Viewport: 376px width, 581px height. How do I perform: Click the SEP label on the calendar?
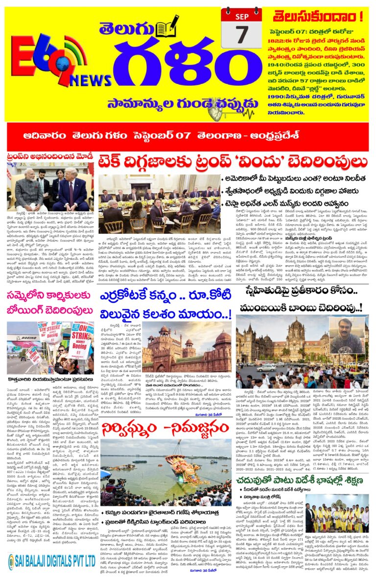click(x=241, y=15)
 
